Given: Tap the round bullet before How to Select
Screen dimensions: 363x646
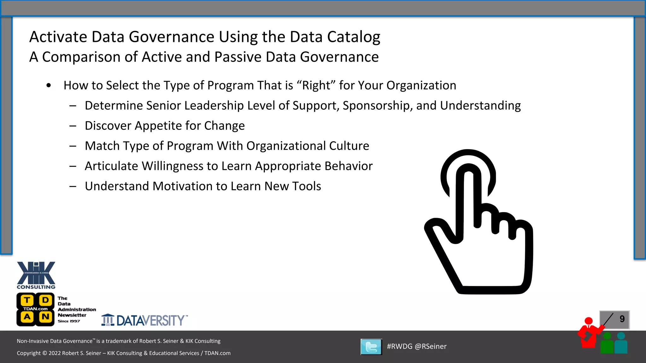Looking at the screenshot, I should point(49,85).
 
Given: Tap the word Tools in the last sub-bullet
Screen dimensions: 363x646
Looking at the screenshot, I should point(306,186).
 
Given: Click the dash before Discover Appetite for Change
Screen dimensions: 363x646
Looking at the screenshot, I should point(73,126).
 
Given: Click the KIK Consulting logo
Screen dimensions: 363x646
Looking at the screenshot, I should point(36,275).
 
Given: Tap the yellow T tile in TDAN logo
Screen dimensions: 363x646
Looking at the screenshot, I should point(27,300).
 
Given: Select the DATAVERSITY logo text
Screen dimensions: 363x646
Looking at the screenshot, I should point(150,320).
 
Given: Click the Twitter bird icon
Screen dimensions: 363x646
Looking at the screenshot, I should point(371,347).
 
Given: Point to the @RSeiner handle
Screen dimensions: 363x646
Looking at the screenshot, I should point(431,346).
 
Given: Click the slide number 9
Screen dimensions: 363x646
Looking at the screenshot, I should point(622,319).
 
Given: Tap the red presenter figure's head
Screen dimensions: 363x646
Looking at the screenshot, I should point(589,321).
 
